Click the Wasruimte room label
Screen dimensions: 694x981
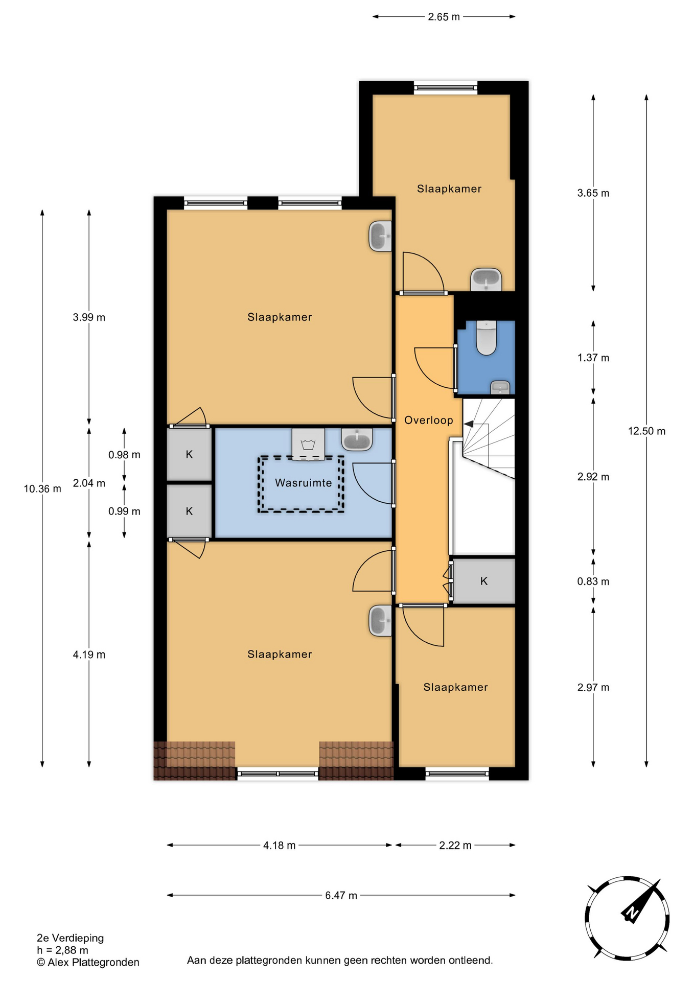tap(304, 483)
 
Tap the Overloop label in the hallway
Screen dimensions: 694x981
tap(429, 420)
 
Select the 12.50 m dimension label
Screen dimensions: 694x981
tap(646, 431)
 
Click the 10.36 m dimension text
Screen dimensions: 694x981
tap(42, 488)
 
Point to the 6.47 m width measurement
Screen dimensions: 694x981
tap(341, 895)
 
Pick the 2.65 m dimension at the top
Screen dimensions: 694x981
tap(444, 17)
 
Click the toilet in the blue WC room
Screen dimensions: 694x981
tap(486, 338)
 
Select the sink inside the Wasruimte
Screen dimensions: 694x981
tap(357, 439)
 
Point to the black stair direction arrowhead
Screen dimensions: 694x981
tap(468, 424)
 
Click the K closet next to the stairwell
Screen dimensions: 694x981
tap(484, 581)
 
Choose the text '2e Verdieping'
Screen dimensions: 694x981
tap(70, 938)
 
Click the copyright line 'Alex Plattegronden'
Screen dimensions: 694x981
tap(88, 963)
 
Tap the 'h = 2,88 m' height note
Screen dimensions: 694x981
tap(62, 950)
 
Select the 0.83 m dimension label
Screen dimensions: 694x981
tap(593, 581)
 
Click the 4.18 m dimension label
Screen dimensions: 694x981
tap(279, 846)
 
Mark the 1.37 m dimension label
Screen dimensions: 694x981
tap(593, 358)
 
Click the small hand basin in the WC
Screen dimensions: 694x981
tap(500, 388)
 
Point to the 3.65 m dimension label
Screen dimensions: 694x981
tap(593, 193)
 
